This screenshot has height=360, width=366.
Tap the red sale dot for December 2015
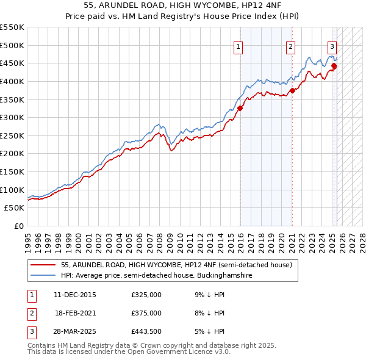[240, 108]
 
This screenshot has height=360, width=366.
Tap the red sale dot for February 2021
[292, 90]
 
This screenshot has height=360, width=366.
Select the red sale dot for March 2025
[334, 66]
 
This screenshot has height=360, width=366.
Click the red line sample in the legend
[44, 265]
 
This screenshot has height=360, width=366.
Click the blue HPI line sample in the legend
[44, 275]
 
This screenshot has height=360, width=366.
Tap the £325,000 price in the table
[146, 295]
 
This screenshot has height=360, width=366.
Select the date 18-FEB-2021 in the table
[75, 313]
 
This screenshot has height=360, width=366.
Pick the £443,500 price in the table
[146, 331]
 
